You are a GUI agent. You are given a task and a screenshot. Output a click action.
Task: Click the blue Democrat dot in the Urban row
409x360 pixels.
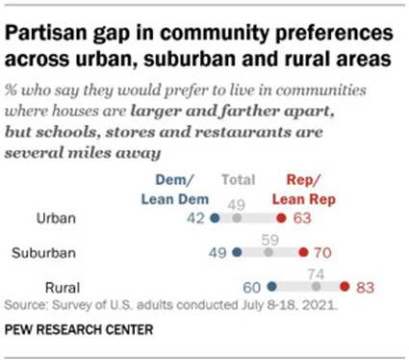pos(215,219)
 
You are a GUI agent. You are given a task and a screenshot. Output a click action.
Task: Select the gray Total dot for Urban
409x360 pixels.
pos(241,219)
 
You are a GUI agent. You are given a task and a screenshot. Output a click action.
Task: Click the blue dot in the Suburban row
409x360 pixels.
pos(237,253)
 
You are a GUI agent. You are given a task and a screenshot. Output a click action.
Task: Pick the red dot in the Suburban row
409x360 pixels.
pos(303,253)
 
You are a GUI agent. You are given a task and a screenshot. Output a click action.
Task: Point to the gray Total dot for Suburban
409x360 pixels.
pos(268,253)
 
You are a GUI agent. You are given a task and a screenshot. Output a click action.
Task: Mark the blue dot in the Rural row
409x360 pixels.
pos(272,286)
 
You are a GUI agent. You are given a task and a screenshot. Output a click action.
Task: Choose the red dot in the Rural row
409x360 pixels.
pos(345,286)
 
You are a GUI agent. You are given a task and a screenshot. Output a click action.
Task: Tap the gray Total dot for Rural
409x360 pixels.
pos(317,286)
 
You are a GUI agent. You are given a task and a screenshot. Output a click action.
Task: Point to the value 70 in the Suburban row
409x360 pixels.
pos(324,253)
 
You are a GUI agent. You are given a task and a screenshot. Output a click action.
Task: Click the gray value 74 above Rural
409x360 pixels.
pos(316,272)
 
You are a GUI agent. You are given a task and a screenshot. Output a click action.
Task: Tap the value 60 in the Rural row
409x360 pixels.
pos(251,286)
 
